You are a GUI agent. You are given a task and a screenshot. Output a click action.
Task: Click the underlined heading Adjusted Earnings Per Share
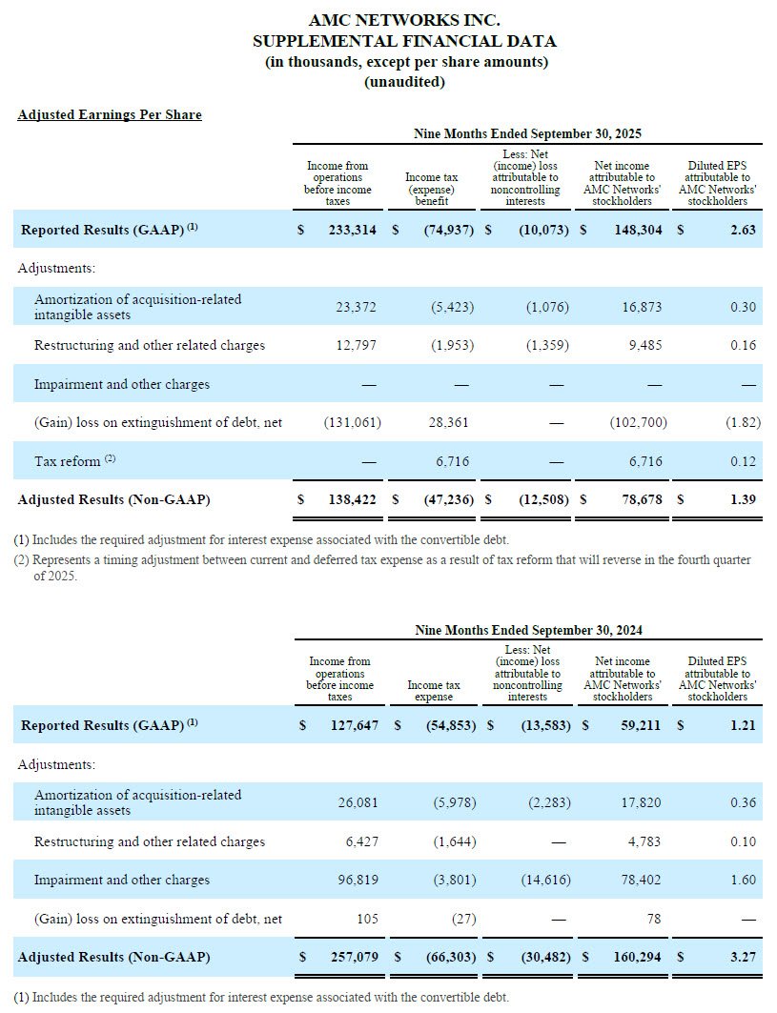click(x=110, y=115)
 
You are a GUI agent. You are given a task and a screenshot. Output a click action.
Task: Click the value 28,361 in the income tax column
click(x=450, y=422)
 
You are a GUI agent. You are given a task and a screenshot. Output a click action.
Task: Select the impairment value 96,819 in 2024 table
click(x=358, y=880)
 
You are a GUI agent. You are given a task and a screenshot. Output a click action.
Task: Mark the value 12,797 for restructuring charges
click(x=357, y=345)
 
